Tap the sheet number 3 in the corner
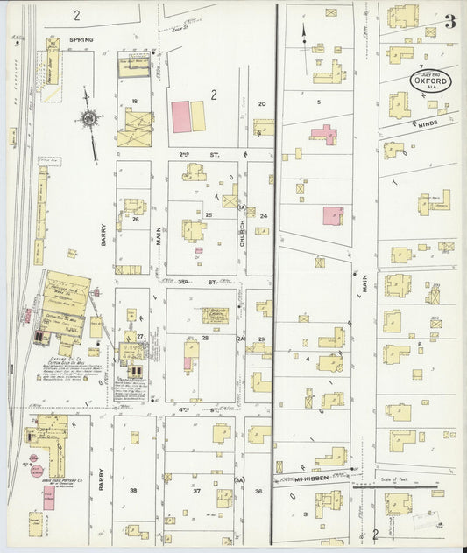(x=449, y=22)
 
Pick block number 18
(x=134, y=102)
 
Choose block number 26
(x=135, y=219)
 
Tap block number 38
(x=133, y=490)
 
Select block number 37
(x=198, y=490)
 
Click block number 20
(x=260, y=103)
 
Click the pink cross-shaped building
(x=322, y=134)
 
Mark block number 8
(x=421, y=345)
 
